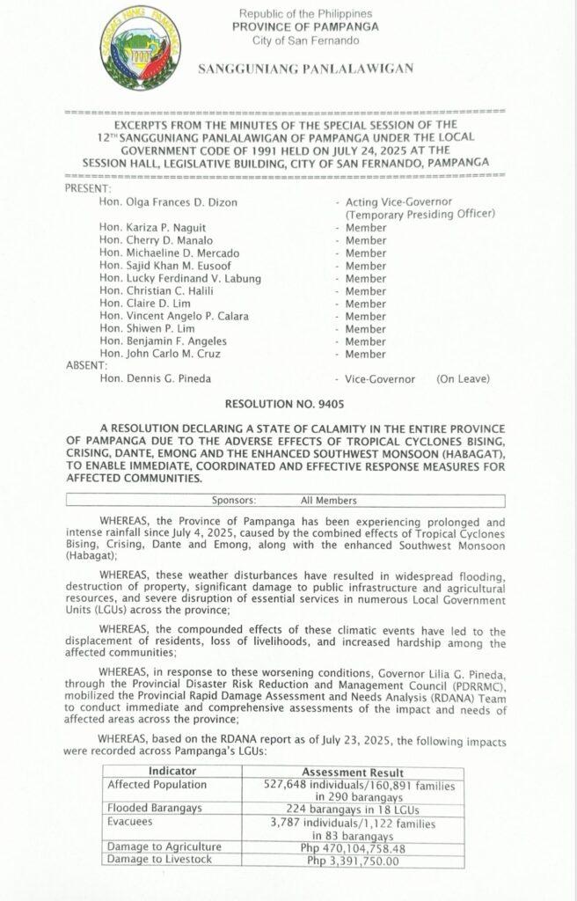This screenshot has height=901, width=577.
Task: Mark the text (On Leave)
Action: pos(463,379)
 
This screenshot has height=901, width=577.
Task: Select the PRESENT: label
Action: pos(89,188)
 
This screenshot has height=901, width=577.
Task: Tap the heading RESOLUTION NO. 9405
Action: pos(287,407)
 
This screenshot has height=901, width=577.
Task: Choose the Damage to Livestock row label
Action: pos(159,860)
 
